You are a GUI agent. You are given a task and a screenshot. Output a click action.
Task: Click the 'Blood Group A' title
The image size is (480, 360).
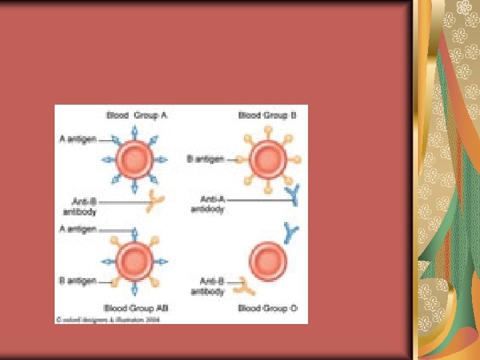pos(137,115)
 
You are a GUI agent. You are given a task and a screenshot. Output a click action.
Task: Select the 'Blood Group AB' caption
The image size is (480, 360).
pos(136,308)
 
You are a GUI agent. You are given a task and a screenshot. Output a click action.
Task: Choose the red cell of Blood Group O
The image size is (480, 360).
pos(267,261)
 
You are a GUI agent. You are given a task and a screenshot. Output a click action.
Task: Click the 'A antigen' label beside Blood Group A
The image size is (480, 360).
pos(77,139)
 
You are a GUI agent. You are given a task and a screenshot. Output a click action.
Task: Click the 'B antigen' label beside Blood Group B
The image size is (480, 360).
pos(207,159)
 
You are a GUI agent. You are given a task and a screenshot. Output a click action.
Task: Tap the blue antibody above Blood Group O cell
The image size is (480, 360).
pos(291,231)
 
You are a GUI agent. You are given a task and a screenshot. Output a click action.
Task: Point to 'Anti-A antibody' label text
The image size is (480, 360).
pos(207,203)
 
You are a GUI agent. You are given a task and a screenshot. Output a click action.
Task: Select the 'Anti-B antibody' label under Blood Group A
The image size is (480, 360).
pos(79,206)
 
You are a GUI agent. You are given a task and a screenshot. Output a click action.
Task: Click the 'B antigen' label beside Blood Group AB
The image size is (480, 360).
pos(77,281)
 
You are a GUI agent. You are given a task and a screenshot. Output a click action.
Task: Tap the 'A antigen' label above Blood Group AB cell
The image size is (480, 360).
pos(77,229)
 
